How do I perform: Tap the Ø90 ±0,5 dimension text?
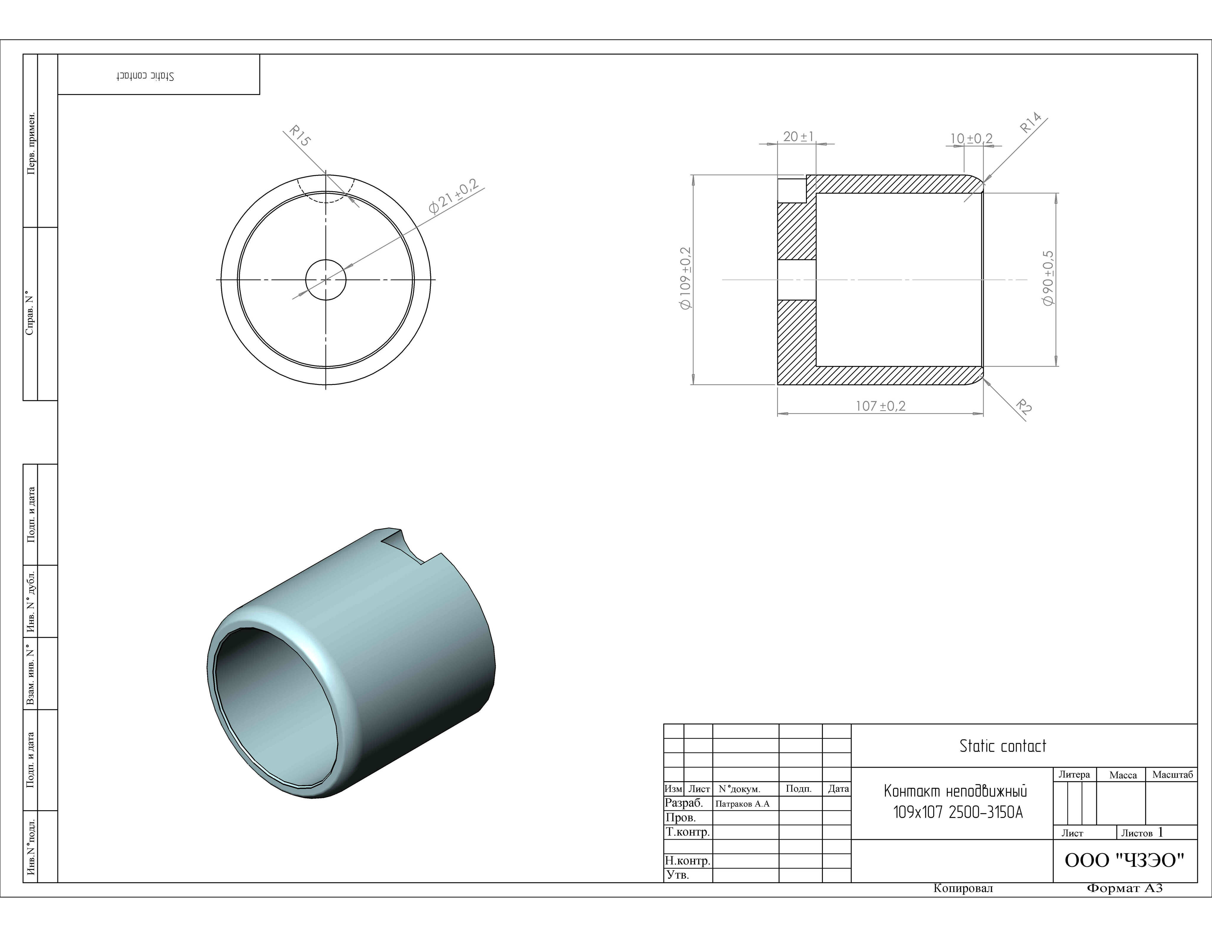[1048, 278]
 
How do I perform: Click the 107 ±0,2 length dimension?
[881, 406]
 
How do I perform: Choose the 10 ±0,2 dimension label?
[972, 138]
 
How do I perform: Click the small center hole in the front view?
[326, 279]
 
